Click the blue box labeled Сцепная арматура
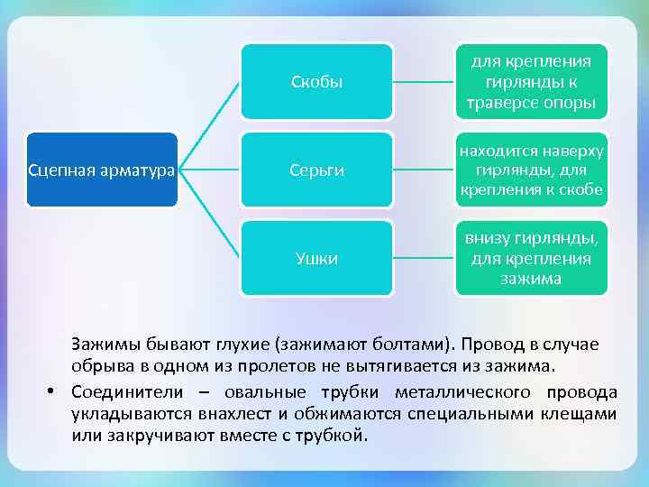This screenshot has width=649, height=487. point(102,170)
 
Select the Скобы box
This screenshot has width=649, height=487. point(316,82)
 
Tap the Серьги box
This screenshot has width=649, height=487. point(316,170)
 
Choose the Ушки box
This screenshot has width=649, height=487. point(316,259)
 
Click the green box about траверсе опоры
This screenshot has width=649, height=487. point(530,82)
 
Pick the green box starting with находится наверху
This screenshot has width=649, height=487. point(530,170)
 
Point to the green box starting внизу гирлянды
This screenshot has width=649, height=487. point(530,259)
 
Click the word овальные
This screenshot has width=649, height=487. point(262,392)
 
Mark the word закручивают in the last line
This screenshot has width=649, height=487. point(151,436)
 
